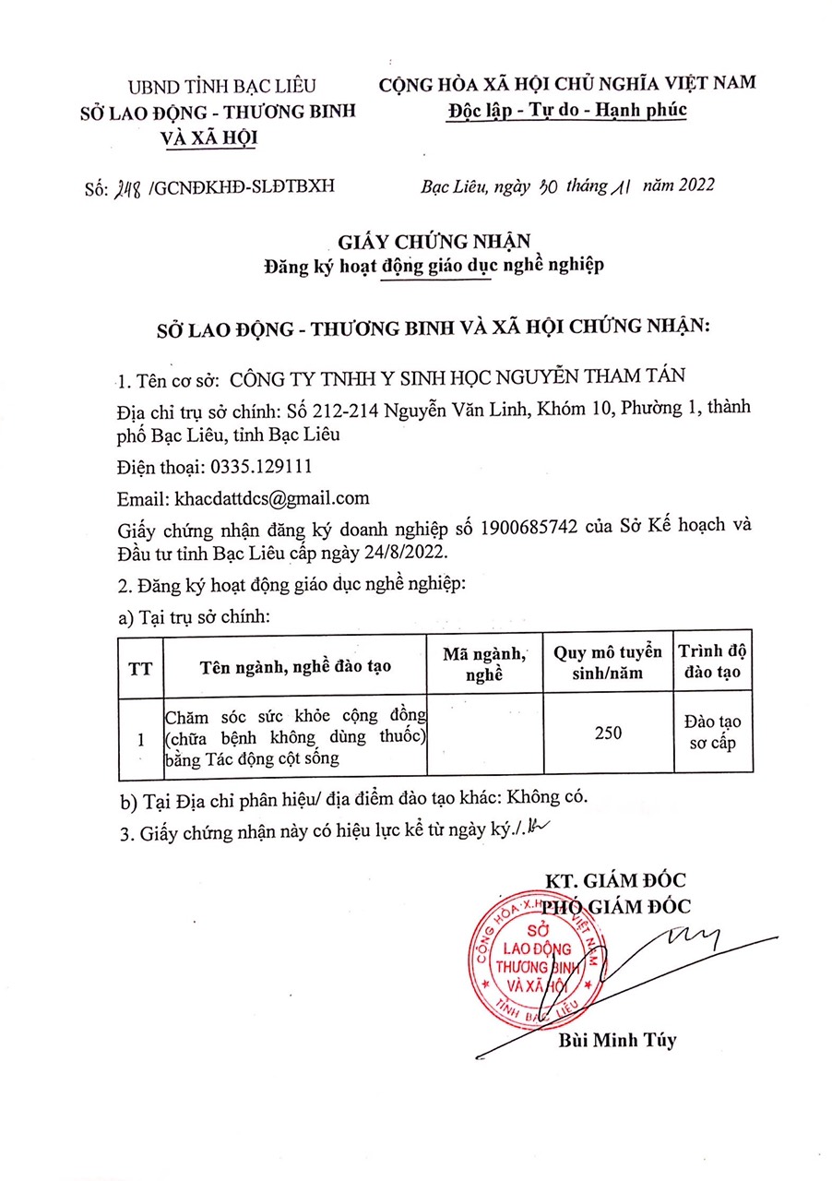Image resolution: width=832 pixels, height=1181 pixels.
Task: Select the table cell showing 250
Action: tap(607, 733)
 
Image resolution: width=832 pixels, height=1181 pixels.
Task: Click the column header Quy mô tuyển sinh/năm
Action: tap(607, 662)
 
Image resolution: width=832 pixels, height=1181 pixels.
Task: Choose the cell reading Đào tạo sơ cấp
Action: tap(713, 733)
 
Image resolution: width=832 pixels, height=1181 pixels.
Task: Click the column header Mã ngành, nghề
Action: tap(484, 663)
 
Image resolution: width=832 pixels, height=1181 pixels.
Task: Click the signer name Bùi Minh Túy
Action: tap(617, 1041)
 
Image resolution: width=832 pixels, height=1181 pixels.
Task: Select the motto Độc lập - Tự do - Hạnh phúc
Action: tap(567, 110)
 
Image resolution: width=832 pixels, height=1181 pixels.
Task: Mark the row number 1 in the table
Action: tap(140, 739)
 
